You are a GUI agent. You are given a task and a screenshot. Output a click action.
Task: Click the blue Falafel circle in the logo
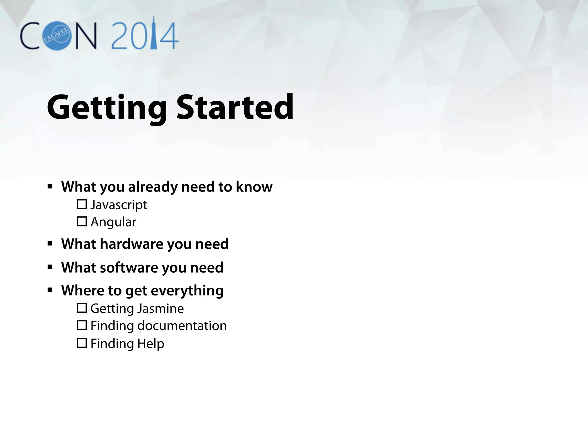57,36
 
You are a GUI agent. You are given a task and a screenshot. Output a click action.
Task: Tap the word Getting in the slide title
107,108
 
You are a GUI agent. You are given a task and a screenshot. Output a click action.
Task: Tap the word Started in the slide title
235,107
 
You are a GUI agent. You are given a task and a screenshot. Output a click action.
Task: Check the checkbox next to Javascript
82,204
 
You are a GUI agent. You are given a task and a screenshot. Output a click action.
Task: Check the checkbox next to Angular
82,221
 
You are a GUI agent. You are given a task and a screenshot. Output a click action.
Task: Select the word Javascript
119,205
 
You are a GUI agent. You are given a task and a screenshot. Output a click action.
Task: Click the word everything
187,291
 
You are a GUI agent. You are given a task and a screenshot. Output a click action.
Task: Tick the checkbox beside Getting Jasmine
82,308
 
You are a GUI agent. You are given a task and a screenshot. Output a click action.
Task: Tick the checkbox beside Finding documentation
82,325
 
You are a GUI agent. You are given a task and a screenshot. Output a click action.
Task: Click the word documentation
182,326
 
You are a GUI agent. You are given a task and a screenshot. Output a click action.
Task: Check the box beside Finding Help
82,343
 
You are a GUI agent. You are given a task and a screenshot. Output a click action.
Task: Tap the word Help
150,344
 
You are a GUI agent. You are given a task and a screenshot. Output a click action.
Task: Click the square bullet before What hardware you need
50,244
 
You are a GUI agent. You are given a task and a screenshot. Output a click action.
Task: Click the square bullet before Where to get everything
50,290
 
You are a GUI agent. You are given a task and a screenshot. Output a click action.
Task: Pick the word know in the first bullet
254,187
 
